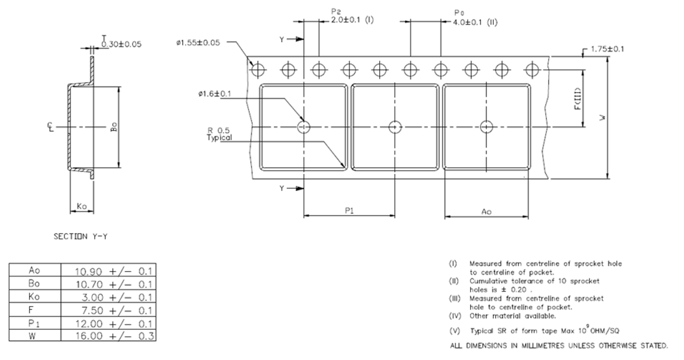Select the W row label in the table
pos(34,336)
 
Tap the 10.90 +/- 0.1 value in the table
pos(108,271)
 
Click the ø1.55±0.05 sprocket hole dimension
pos(198,43)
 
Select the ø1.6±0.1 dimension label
pos(214,94)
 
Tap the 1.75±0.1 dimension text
pos(608,48)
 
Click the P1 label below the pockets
pos(349,211)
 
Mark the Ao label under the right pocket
pos(486,211)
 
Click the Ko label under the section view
pos(81,205)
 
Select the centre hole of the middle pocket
pos(395,126)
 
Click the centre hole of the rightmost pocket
pos(487,126)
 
